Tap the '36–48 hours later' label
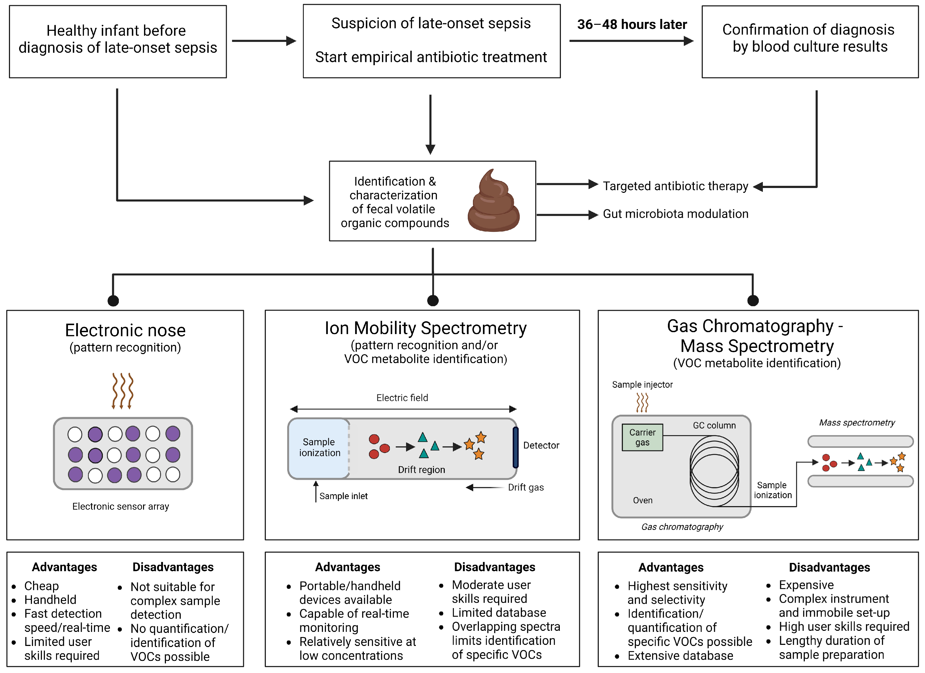[x=632, y=24]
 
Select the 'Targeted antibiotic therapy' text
[x=675, y=186]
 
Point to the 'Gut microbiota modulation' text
[x=675, y=214]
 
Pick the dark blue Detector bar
[x=515, y=447]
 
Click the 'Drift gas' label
[x=526, y=487]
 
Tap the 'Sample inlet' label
[x=344, y=496]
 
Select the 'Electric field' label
[x=402, y=398]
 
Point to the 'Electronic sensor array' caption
[x=121, y=506]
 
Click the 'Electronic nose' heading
[x=125, y=330]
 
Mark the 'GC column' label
[x=714, y=425]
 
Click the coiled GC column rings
[x=714, y=471]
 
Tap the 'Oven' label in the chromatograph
[x=642, y=501]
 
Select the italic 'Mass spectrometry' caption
[x=857, y=423]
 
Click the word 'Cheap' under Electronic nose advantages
[x=42, y=586]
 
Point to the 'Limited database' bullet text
[x=499, y=613]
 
